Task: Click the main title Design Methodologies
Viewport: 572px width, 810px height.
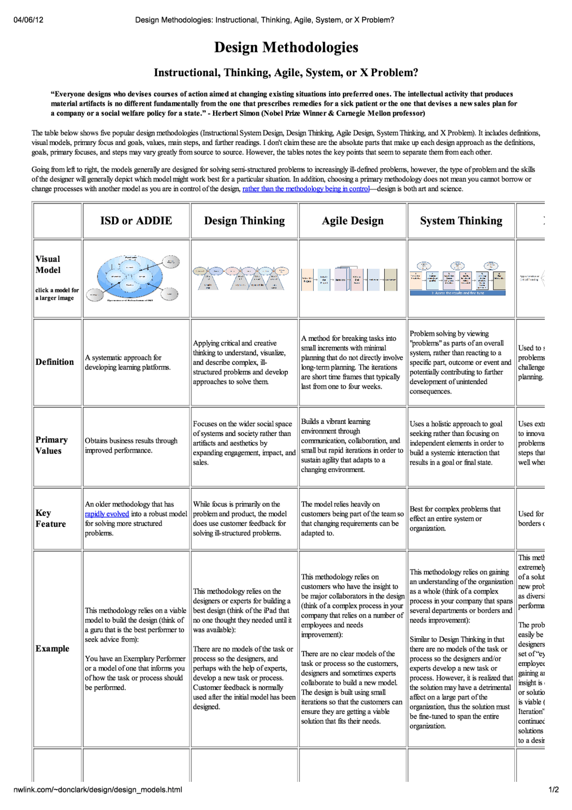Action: coord(286,47)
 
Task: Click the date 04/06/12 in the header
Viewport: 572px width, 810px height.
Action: coord(29,20)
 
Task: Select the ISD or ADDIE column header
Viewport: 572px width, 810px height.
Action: coord(136,221)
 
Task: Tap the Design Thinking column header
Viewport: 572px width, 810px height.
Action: coord(244,221)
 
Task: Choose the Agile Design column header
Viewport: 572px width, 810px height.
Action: coord(353,221)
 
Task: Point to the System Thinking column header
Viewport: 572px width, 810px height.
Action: coord(461,221)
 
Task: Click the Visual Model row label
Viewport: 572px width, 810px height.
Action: coord(48,264)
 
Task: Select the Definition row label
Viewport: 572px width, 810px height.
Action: coord(55,362)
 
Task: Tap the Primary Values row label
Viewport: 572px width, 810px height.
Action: coord(51,445)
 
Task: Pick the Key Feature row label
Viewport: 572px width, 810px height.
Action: coord(50,518)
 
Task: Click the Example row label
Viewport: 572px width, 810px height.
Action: coord(52,649)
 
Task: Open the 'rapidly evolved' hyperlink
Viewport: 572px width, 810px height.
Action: coord(107,514)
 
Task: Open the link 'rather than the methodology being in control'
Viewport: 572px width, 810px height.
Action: coord(306,189)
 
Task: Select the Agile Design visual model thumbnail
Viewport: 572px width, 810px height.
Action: coord(349,280)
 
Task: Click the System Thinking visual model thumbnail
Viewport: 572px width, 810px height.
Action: coord(458,278)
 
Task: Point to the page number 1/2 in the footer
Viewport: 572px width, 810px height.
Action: coord(553,789)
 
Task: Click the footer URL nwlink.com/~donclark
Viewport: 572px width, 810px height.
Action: coord(98,789)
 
